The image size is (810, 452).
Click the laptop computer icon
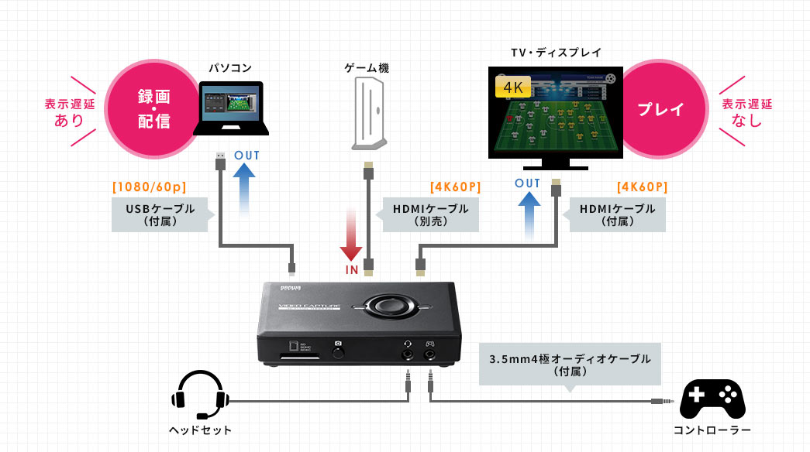click(x=230, y=109)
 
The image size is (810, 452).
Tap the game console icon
click(x=367, y=113)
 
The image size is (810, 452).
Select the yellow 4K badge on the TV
click(x=512, y=87)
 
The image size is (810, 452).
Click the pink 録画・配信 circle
click(x=154, y=109)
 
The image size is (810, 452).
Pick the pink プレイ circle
click(x=660, y=109)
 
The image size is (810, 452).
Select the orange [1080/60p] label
click(x=150, y=187)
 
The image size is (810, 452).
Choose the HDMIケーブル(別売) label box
click(x=430, y=214)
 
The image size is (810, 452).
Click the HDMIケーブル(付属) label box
click(x=617, y=214)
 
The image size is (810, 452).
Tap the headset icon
click(x=200, y=394)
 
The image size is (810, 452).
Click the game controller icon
click(x=712, y=398)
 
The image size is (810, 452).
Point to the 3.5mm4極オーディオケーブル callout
click(x=570, y=364)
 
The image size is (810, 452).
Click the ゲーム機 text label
click(x=367, y=68)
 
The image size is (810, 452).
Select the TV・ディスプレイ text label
click(x=556, y=53)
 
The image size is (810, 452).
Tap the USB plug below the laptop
click(x=220, y=159)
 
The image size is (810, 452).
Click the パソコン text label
click(x=230, y=68)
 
